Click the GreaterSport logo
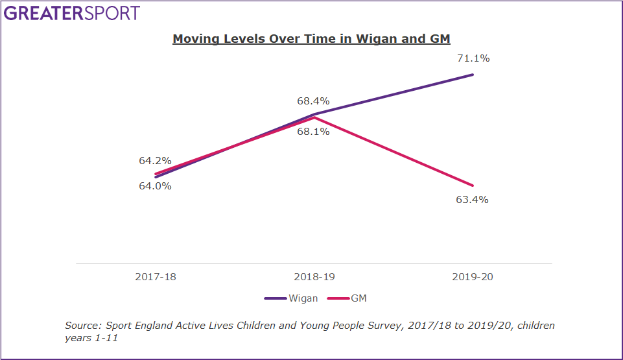(x=72, y=13)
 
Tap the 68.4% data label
(x=314, y=101)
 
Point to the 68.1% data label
(x=314, y=132)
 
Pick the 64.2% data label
(x=155, y=161)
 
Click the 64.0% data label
(x=155, y=186)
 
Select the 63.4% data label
(x=472, y=200)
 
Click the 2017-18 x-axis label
(x=156, y=277)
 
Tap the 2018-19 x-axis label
(x=314, y=277)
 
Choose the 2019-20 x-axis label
(x=472, y=277)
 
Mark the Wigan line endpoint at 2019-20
(x=473, y=75)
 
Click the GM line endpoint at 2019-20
(x=473, y=186)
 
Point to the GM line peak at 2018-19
(x=314, y=117)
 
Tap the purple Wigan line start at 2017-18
(x=156, y=176)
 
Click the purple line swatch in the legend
(x=275, y=298)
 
